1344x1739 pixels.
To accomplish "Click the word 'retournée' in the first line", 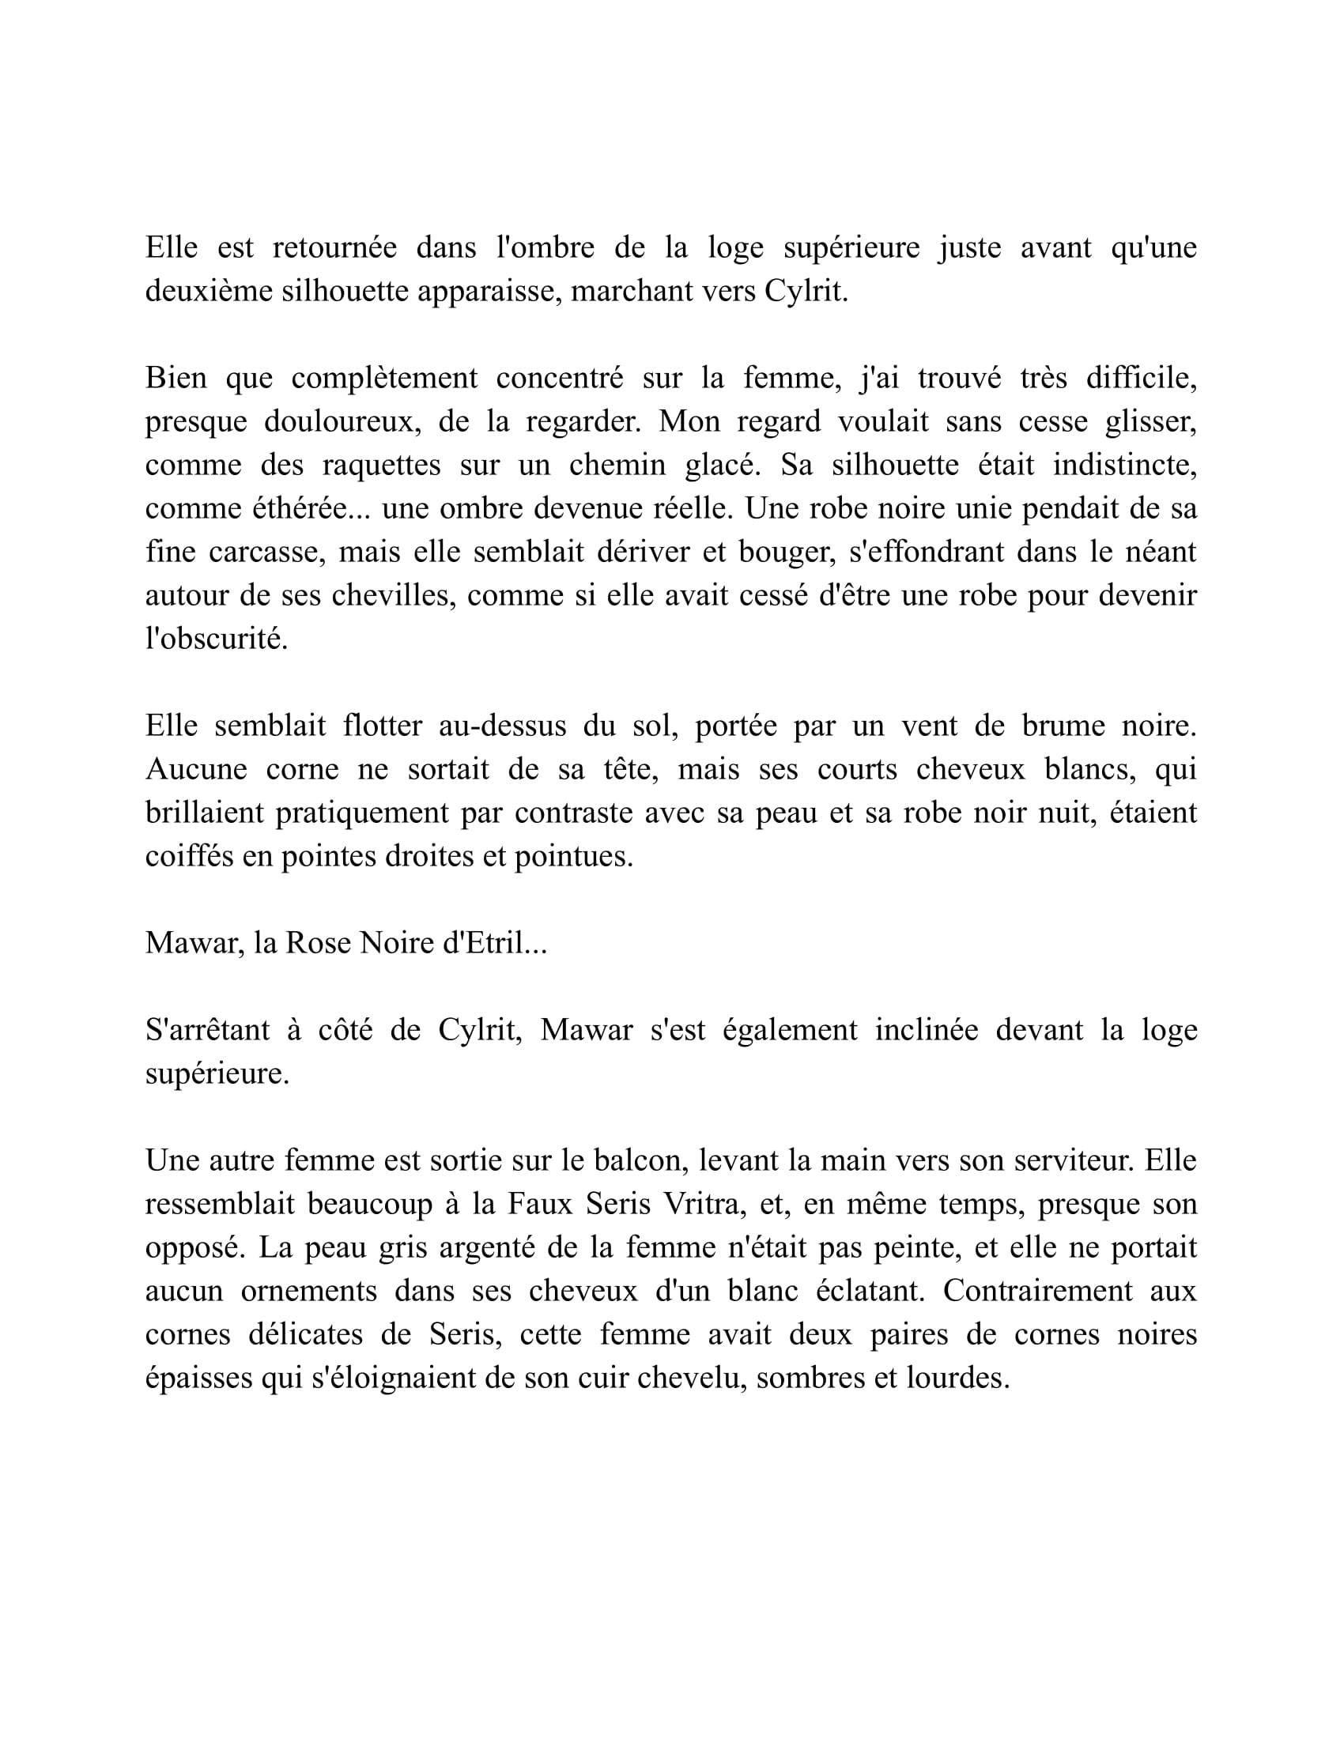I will click(334, 247).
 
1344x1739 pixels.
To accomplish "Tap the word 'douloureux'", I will click(342, 421).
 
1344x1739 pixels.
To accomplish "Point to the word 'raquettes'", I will click(380, 465).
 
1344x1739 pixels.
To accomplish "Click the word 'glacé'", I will click(721, 465).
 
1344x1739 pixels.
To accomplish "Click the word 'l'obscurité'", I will click(216, 639).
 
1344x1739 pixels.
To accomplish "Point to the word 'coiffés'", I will click(189, 857).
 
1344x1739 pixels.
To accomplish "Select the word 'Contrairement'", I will click(1037, 1291).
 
